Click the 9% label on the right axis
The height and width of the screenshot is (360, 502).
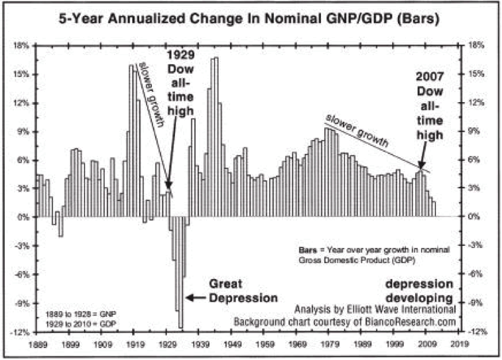(477, 132)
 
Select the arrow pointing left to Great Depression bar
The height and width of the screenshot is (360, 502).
(196, 298)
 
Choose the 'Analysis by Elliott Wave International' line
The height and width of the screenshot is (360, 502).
(375, 309)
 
